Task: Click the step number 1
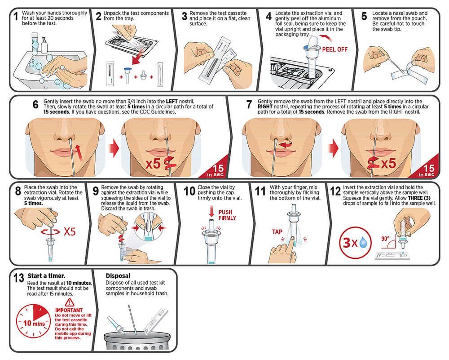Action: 16,18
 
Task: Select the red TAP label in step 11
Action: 277,232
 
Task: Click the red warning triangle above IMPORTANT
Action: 69,302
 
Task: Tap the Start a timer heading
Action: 46,276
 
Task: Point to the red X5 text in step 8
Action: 70,232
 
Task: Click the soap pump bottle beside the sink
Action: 44,44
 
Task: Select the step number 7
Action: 249,106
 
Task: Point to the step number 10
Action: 190,191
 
